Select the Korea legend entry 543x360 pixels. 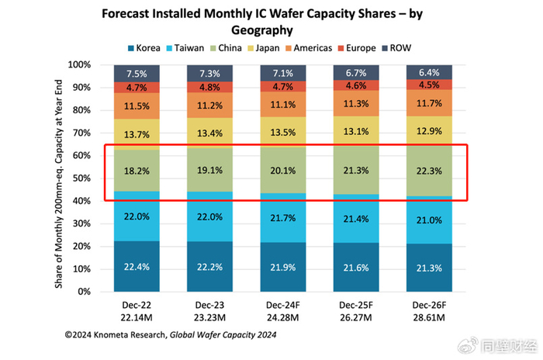point(140,48)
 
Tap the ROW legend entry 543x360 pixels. point(397,48)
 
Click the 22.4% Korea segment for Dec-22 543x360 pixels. point(137,267)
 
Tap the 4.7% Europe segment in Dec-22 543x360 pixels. point(137,88)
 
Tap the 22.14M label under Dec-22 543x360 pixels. point(137,317)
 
